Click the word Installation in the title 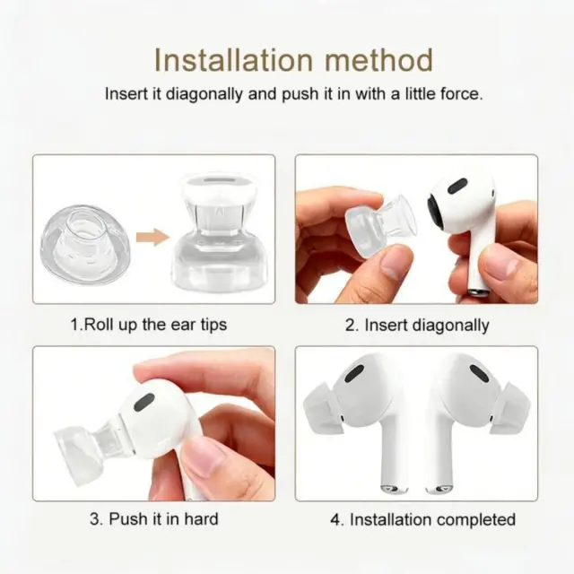coord(233,60)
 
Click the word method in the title coord(378,60)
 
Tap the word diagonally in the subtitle coord(204,94)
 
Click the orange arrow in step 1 coord(152,237)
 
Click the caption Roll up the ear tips coord(149,325)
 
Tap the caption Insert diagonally coord(417,325)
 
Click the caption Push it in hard coord(153,518)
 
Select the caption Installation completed coord(422,519)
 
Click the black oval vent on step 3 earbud coord(144,403)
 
